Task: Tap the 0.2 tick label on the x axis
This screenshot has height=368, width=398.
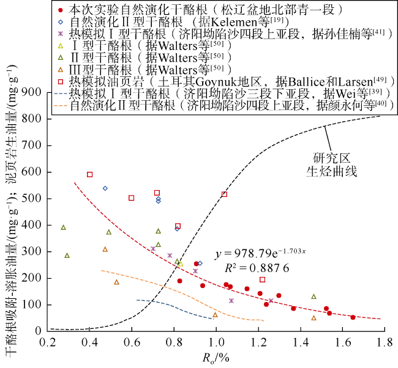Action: tap(47, 343)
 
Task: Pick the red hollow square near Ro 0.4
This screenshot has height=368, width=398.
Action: tap(89, 174)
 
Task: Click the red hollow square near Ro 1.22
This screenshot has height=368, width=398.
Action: tap(262, 279)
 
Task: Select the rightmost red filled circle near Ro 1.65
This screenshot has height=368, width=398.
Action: tap(353, 317)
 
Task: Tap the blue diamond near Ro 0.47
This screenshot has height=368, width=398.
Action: tap(105, 188)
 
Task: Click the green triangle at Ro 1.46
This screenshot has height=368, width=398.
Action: tap(314, 296)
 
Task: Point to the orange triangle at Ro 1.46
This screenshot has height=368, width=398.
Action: tap(314, 318)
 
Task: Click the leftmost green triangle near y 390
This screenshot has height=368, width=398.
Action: tap(63, 227)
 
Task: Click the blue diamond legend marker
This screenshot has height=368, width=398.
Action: tap(58, 21)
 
